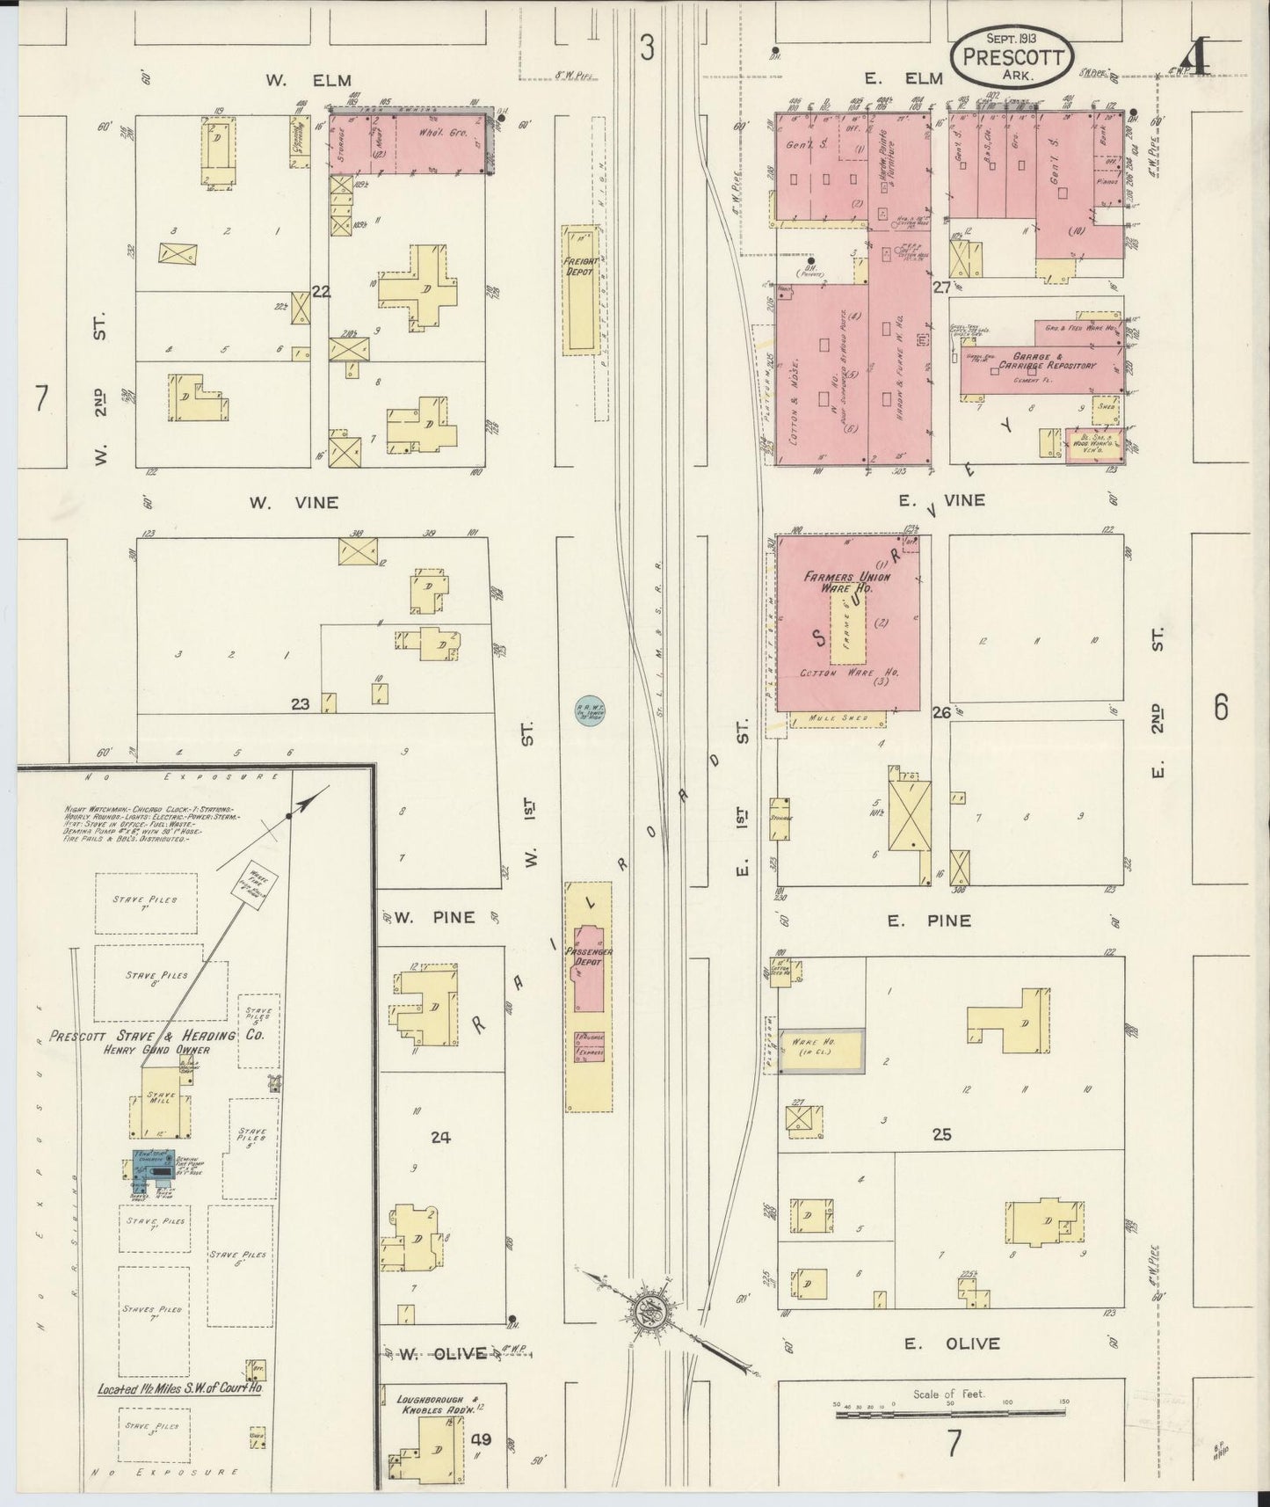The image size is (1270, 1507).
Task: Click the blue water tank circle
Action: tap(587, 710)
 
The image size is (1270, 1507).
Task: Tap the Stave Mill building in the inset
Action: tap(160, 1103)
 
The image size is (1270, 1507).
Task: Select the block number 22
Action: tap(322, 292)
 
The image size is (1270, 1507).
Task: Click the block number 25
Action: tap(941, 1135)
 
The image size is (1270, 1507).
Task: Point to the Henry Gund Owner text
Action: tap(156, 1049)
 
